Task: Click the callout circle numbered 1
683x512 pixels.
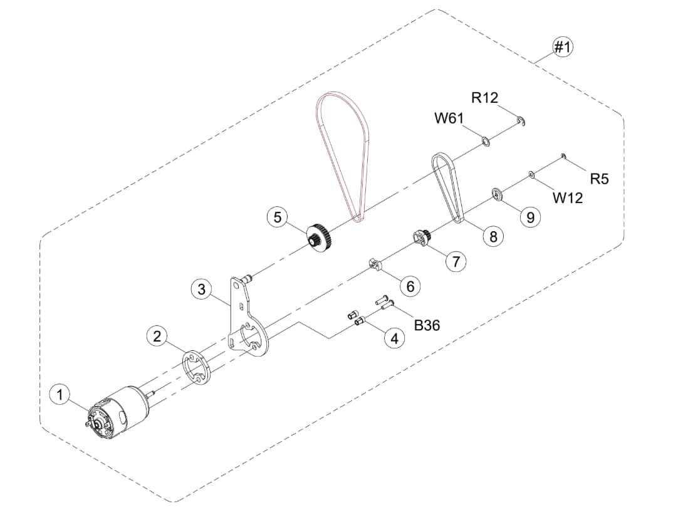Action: tap(60, 394)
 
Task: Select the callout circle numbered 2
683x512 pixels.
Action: tap(157, 337)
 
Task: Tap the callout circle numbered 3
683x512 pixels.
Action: tap(201, 289)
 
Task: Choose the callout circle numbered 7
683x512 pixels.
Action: tap(456, 261)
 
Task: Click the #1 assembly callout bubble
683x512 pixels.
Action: tap(562, 47)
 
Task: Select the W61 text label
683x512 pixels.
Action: tap(449, 118)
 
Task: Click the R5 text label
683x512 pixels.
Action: tap(599, 179)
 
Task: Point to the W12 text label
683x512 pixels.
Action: tap(567, 198)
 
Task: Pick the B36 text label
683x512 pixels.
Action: tap(427, 325)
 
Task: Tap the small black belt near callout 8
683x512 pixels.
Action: tap(448, 185)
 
